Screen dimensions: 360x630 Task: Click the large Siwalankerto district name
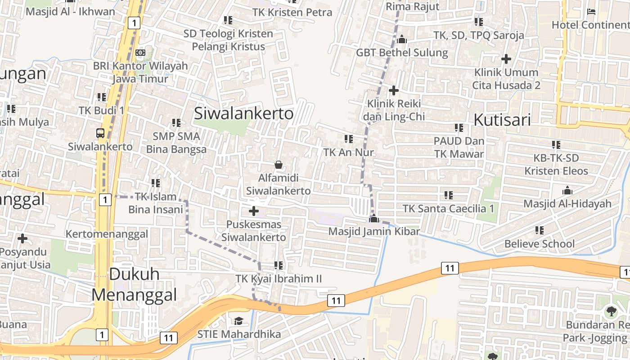[243, 113]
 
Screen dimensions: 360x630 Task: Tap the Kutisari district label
[502, 120]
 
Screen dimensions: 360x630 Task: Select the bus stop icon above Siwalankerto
[100, 133]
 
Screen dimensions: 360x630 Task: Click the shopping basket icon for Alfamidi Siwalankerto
[279, 165]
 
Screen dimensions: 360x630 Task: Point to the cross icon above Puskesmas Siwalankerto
[254, 211]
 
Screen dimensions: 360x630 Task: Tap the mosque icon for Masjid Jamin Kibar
[373, 219]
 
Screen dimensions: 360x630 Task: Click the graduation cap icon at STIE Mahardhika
[238, 321]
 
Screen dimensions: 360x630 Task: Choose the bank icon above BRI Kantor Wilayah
[140, 53]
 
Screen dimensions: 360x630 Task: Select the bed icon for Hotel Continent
[591, 11]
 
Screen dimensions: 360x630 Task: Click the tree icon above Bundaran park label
[611, 311]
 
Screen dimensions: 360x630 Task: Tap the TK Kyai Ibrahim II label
[279, 279]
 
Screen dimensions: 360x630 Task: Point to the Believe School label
[539, 244]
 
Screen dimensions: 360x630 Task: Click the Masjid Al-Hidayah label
[567, 203]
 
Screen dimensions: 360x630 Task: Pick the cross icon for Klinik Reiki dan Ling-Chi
[394, 90]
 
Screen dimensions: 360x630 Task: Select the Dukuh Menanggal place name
[134, 284]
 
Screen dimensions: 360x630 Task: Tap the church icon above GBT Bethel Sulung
[402, 40]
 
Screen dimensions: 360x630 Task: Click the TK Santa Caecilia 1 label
[448, 208]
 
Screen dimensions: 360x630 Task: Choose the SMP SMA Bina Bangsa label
[176, 142]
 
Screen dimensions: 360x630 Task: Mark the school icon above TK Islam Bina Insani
[156, 183]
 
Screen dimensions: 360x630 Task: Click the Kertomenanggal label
[107, 234]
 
